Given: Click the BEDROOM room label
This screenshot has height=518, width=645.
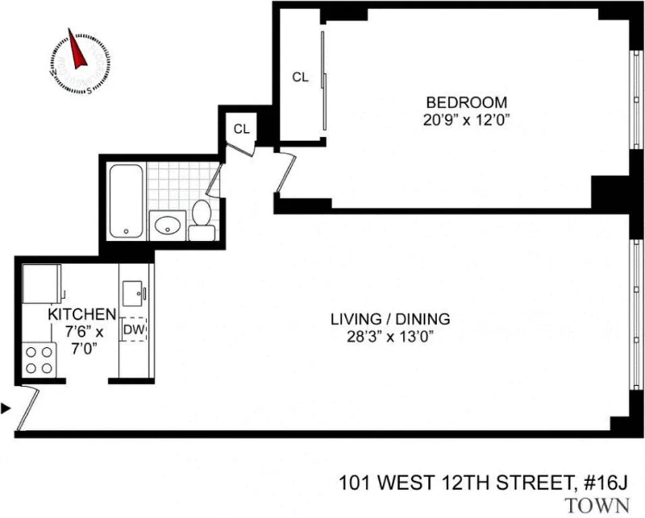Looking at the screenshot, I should click(466, 102).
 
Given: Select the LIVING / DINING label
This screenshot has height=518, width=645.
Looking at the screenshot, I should click(390, 319).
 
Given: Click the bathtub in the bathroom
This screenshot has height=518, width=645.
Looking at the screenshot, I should click(126, 201).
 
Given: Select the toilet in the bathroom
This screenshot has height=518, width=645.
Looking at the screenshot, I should click(202, 220).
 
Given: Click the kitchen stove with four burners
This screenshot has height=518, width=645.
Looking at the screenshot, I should click(39, 360).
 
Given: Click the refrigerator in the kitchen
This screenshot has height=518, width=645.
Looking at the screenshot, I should click(41, 283).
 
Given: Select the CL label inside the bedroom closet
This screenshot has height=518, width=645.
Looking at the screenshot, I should click(300, 78).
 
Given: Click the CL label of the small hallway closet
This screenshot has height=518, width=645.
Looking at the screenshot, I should click(241, 129).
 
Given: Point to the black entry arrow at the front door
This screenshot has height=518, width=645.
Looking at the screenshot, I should click(6, 408).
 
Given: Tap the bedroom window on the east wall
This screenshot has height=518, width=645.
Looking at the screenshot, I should click(637, 100).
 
